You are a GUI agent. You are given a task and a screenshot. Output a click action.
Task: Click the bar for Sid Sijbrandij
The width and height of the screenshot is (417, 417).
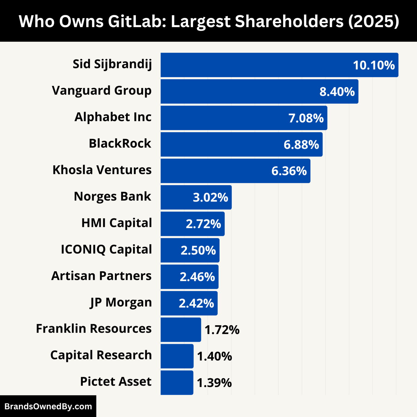pos(255,65)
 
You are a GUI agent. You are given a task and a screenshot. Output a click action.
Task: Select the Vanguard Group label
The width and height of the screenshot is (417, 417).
pos(102,91)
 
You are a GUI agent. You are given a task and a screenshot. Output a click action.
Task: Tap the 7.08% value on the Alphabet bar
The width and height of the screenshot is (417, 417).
pos(306,118)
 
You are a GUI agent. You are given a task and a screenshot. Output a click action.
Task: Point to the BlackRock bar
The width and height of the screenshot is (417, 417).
pos(223,144)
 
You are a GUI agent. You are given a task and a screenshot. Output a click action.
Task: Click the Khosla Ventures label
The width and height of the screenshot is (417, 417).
pos(102,170)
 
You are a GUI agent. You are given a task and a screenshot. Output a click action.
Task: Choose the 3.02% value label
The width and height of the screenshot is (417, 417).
pos(210,198)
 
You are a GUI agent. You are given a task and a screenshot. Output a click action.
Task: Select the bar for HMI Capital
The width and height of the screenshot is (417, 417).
pos(174,224)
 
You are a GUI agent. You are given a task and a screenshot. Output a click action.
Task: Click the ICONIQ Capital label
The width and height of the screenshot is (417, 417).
pos(106,249)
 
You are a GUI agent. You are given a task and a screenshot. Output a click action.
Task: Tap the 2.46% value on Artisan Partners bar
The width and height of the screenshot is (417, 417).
pos(197,277)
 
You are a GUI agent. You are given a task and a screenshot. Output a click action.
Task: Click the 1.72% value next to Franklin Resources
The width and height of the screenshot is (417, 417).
pos(222,330)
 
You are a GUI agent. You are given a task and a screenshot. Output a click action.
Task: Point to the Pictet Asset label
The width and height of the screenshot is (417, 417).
pos(116,382)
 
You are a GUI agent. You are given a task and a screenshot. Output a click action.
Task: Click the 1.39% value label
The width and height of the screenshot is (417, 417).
pos(214,383)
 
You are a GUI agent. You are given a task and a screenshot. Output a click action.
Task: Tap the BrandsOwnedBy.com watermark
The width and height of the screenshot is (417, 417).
pos(48,406)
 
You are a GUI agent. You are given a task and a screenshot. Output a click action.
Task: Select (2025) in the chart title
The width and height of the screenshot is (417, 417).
pos(374,21)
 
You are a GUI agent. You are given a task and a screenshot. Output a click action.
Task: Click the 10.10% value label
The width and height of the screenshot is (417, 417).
pos(374,65)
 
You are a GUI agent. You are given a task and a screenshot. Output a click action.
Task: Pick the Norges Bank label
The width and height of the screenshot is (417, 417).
pos(112,197)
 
